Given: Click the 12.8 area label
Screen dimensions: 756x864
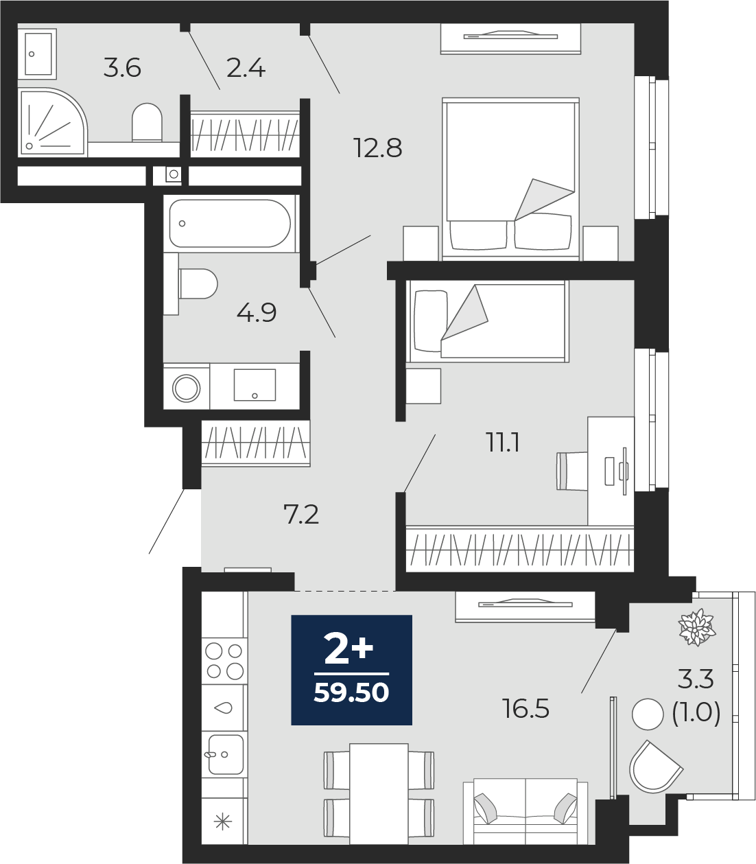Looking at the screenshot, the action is point(378,148).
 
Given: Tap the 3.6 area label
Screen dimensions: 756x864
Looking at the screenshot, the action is point(122,68).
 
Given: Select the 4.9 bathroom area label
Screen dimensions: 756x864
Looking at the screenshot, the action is point(257,313).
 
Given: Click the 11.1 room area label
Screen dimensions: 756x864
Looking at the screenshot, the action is point(503,443).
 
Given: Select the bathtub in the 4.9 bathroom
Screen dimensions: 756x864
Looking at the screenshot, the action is point(230,224).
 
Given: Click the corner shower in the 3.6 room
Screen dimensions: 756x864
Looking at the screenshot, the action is point(52,122).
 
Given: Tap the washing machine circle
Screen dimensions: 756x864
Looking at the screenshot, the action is point(187,388).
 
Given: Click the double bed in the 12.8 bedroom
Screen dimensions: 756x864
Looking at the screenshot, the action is point(510,180).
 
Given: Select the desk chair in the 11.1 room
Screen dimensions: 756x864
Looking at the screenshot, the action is point(572,471).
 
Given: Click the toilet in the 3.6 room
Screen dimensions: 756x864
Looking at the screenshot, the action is point(147,122).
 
